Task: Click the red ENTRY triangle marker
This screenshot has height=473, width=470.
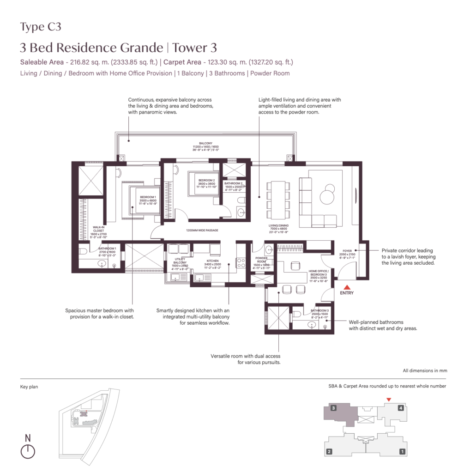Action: point(346,287)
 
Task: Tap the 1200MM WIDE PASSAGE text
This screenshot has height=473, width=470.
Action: point(202,230)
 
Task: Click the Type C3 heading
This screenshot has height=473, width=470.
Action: point(41,27)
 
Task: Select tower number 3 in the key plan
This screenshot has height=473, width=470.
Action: point(333,408)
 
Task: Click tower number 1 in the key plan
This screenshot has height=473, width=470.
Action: point(403,451)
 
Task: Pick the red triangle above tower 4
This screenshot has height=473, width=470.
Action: point(389,400)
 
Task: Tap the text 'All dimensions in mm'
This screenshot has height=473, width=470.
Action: point(425,370)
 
